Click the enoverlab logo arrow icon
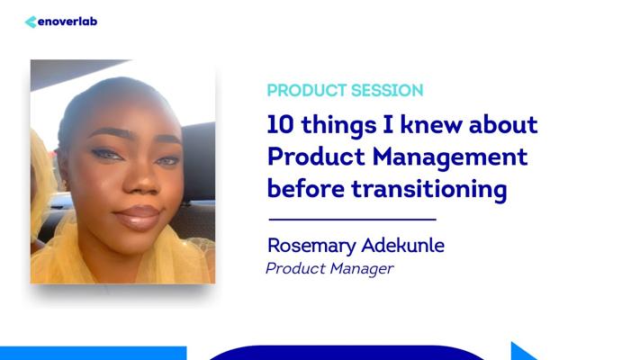pos(31,22)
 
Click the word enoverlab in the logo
pos(68,22)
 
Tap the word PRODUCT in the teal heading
pos(307,91)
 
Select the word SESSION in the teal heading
pos(387,91)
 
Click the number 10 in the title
pos(280,124)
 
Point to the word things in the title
pos(338,126)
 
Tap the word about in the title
pos(503,124)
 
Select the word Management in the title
pos(450,157)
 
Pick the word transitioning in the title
pos(429,190)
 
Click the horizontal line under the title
pos(353,220)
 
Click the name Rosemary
pos(311,246)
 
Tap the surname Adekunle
pos(403,246)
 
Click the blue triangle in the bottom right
pos(522,351)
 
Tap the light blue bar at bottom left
pos(93,353)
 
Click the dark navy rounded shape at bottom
pos(347,353)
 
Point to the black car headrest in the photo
pos(199,161)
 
